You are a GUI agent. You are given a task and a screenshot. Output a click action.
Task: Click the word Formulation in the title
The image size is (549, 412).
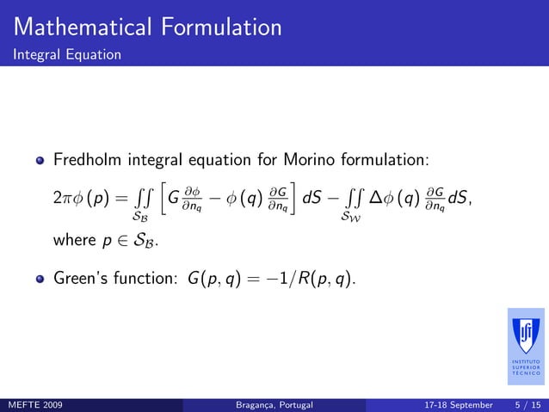(x=219, y=27)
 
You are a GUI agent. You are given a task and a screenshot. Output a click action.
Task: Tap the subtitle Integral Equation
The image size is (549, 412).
(x=65, y=54)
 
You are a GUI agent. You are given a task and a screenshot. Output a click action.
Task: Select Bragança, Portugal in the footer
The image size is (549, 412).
(x=274, y=403)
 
